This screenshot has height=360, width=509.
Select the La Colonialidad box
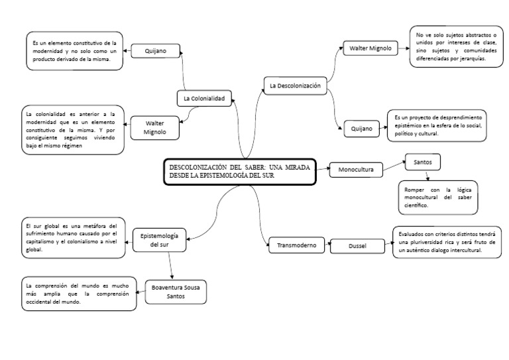point(204,98)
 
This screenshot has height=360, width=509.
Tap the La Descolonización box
point(295,86)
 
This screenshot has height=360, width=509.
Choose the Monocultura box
point(356,169)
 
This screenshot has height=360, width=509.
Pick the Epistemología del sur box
point(160,239)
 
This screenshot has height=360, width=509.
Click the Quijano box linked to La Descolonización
point(362,128)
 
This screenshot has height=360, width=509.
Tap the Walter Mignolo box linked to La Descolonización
point(368,48)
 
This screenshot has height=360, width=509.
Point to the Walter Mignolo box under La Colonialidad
point(154,127)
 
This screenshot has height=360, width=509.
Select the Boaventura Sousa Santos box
point(176,292)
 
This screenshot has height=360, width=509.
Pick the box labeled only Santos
point(422,162)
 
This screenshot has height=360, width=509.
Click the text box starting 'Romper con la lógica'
point(437,198)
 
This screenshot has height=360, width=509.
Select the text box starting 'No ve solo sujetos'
point(455,46)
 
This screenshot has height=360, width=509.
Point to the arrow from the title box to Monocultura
point(322,169)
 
